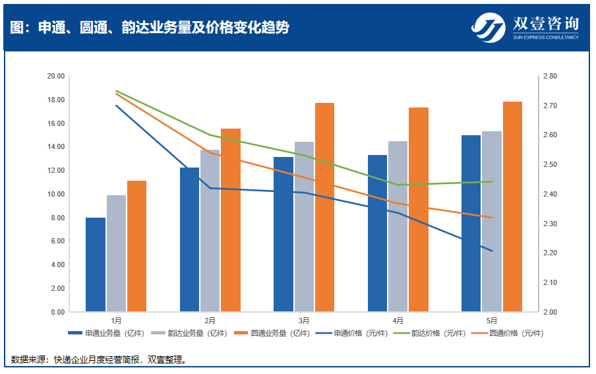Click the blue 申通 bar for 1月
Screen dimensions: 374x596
96,265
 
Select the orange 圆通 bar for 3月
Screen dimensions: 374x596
324,207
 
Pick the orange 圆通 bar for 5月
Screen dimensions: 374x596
512,206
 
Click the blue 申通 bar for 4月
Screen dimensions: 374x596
377,234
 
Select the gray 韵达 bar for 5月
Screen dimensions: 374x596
491,222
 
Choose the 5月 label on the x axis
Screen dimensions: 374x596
492,321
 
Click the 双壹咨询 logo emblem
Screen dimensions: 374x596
489,27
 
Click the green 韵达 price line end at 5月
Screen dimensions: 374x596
492,181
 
